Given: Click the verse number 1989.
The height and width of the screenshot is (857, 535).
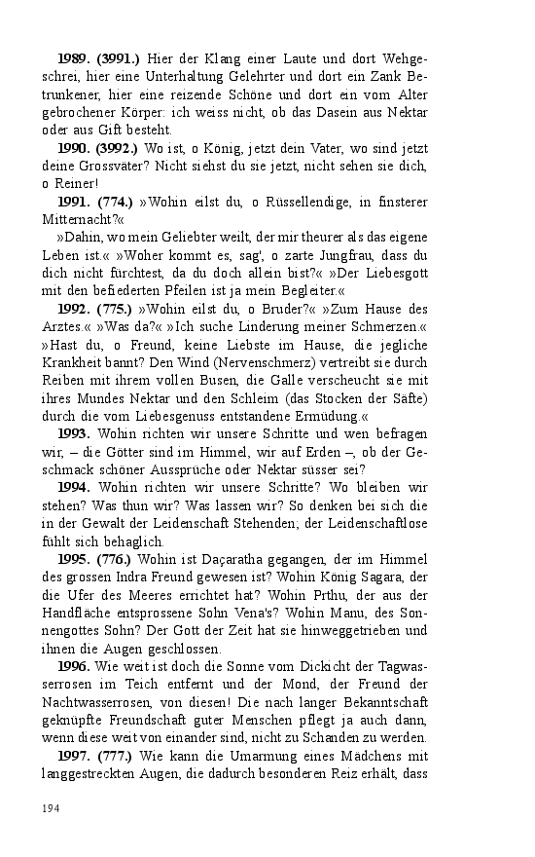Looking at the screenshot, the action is pos(74,59).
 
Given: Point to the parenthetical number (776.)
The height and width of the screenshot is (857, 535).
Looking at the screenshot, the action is pos(119,558).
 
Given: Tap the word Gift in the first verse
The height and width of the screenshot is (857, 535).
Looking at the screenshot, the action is pos(123,130).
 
